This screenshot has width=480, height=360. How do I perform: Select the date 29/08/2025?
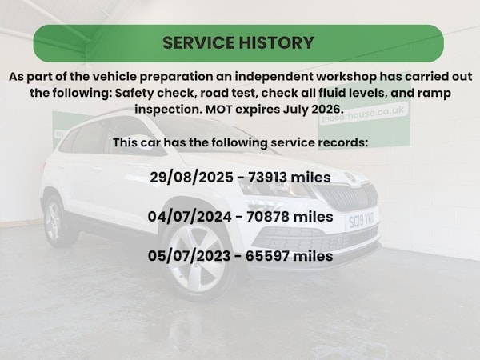click(x=192, y=178)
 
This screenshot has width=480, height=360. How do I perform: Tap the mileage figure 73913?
click(x=267, y=178)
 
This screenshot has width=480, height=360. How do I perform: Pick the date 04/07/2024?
click(x=190, y=217)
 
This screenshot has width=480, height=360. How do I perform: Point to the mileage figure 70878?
click(x=268, y=217)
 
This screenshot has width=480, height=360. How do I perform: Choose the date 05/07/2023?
click(x=189, y=256)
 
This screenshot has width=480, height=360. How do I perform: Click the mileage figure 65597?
click(x=267, y=256)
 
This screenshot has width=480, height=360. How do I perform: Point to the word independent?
click(x=274, y=77)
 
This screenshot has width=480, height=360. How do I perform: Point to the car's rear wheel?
click(x=54, y=221)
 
